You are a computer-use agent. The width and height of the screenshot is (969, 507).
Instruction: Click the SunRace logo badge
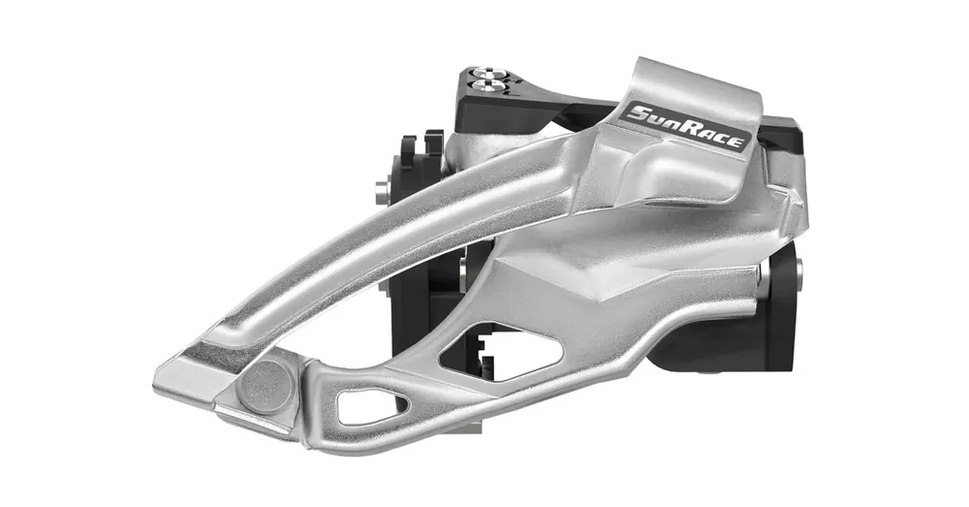click(687, 128)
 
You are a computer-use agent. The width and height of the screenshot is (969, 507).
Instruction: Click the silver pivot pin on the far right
click(799, 269)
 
